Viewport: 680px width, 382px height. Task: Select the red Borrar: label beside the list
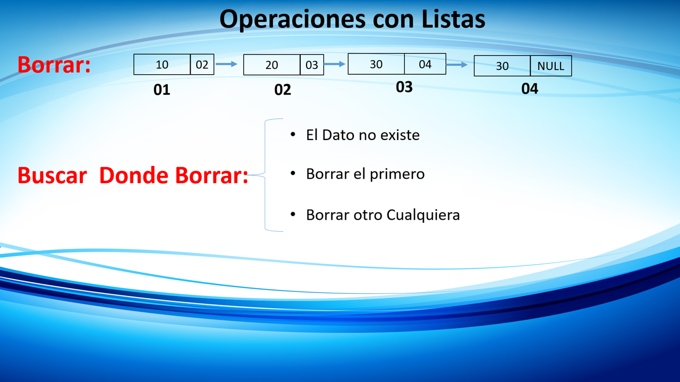tap(54, 65)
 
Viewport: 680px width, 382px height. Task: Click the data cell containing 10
tap(162, 64)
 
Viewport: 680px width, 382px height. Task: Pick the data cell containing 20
tap(271, 65)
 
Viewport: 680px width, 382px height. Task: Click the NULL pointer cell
tap(551, 66)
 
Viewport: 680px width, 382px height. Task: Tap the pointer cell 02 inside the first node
tap(202, 64)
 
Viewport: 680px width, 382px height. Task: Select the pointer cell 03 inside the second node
tap(312, 65)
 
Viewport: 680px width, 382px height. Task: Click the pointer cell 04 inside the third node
tap(425, 64)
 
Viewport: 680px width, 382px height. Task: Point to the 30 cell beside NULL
tap(502, 66)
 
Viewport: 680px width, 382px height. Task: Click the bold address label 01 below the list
tap(162, 90)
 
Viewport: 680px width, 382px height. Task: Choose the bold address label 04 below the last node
tap(530, 89)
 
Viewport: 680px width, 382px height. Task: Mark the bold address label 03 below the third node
tap(404, 87)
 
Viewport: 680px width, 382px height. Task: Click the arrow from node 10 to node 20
tap(226, 64)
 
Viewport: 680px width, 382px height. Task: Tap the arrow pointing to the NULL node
tap(456, 65)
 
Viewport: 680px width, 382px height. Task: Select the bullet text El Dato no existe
tap(363, 135)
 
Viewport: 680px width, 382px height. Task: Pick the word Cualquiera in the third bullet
tap(423, 215)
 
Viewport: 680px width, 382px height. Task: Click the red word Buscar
tap(52, 176)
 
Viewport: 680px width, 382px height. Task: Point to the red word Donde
tap(134, 176)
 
